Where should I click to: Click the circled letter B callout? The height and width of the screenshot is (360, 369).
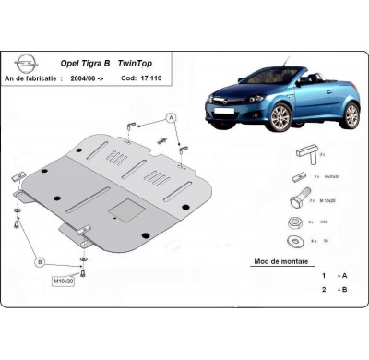click(40, 261)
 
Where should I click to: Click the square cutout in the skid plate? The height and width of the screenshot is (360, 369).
click(120, 210)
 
